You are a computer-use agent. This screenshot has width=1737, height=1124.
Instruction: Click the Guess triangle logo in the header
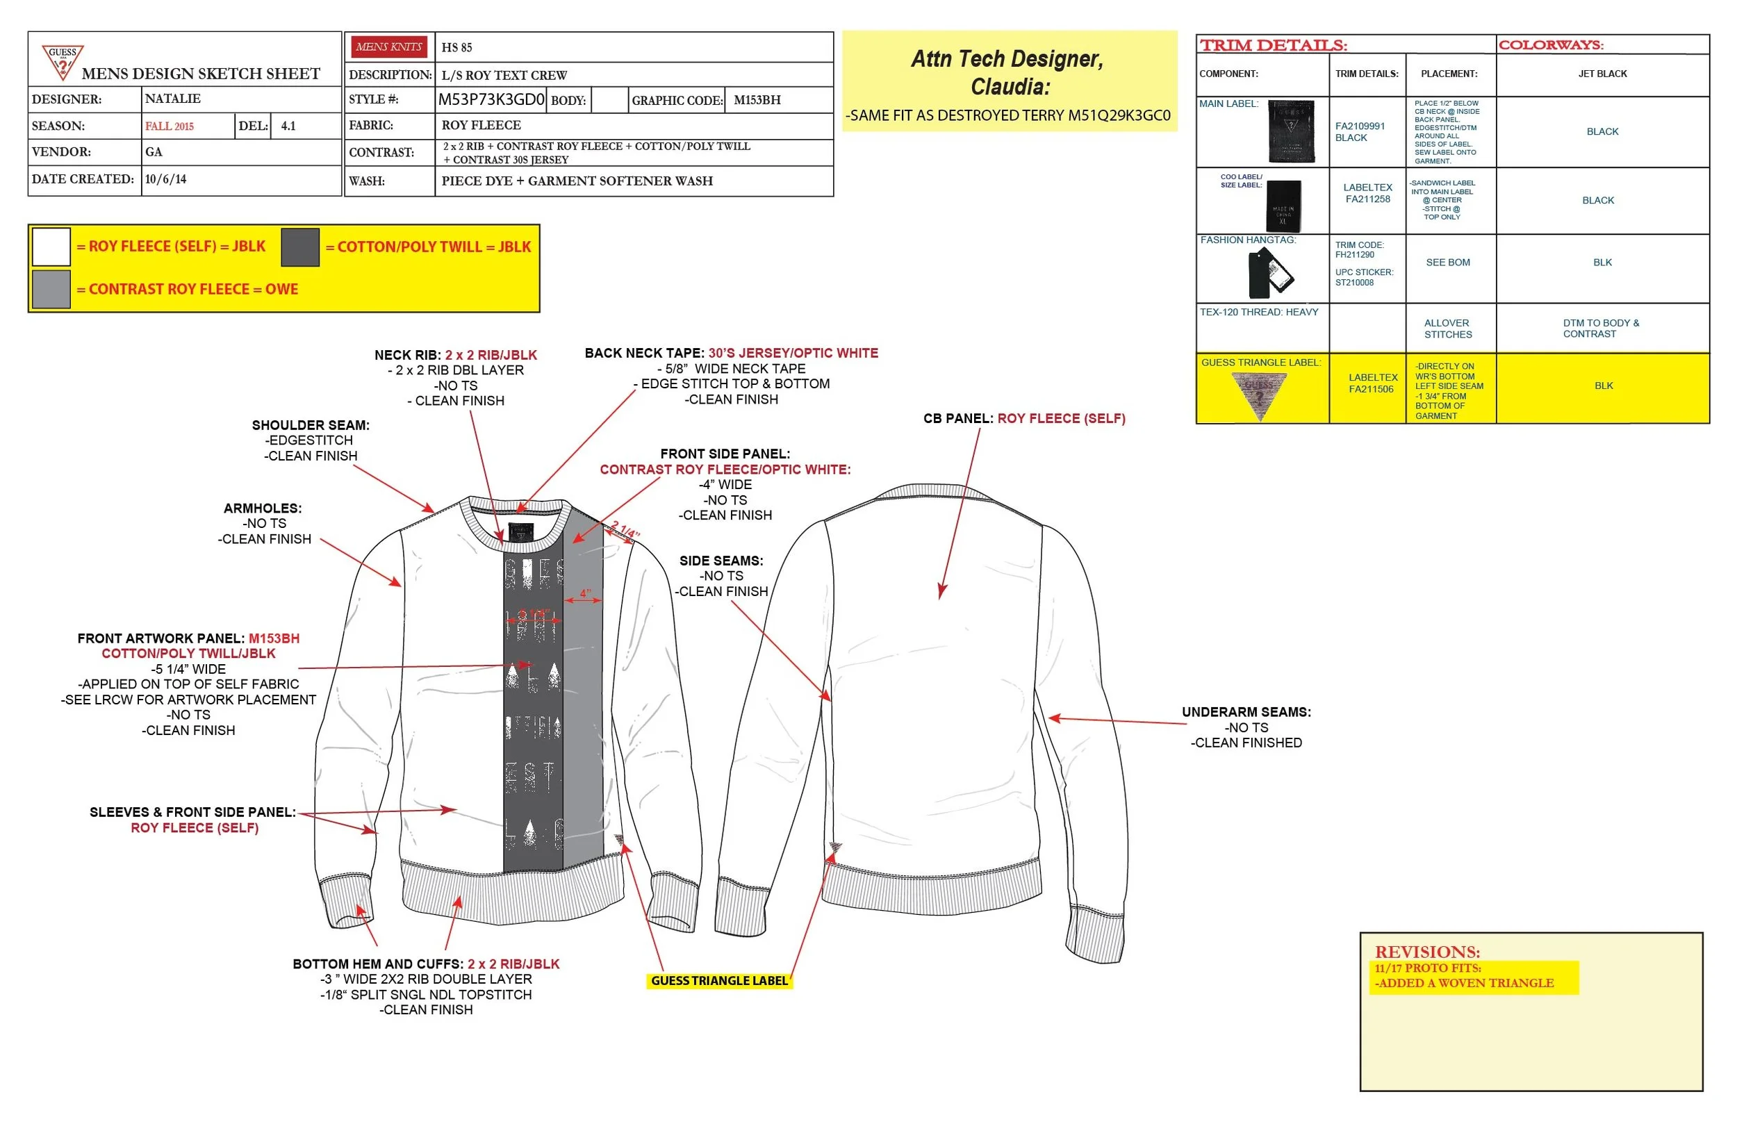coord(63,61)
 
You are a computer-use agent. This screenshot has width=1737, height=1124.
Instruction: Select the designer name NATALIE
coord(172,99)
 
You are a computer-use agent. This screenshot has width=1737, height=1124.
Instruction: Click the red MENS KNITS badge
coord(389,47)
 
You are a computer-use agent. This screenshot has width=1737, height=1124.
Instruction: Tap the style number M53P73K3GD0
coord(491,99)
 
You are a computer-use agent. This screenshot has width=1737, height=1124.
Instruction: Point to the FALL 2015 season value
coord(170,126)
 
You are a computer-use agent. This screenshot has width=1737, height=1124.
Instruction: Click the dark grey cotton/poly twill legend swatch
coord(300,247)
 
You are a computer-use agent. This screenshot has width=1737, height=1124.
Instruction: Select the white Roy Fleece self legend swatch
coord(51,247)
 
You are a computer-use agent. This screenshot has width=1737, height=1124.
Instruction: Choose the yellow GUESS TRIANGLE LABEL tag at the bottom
coord(719,981)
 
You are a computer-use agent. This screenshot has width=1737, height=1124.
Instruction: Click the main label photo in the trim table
coord(1291,131)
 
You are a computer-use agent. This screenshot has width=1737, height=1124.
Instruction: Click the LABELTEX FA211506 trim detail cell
coord(1373,383)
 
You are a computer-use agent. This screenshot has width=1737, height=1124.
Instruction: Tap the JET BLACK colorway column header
coord(1602,74)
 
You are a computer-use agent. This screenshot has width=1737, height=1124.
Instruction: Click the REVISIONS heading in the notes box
coord(1427,952)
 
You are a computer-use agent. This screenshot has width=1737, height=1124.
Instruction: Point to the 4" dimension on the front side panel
coord(585,593)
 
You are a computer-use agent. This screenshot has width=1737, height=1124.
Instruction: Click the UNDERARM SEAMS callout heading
coord(1246,712)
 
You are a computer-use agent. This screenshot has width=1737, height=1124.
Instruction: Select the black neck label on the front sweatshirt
coord(520,531)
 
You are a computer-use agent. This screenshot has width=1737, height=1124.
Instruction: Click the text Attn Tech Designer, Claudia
coord(1010,72)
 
